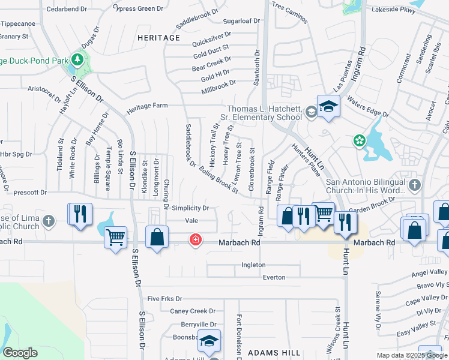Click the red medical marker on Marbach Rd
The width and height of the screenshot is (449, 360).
coord(195,241)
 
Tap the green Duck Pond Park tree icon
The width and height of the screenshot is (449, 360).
coord(77,59)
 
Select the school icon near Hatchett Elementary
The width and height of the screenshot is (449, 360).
coord(328,107)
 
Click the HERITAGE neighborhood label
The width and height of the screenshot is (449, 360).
coord(158,38)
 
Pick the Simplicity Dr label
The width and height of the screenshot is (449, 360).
coord(190,208)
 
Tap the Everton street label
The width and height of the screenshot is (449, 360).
coord(274,277)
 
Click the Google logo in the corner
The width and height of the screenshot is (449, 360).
coord(20,353)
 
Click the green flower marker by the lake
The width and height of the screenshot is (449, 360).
coord(360,140)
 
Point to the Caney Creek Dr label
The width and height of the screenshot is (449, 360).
coord(193,311)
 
